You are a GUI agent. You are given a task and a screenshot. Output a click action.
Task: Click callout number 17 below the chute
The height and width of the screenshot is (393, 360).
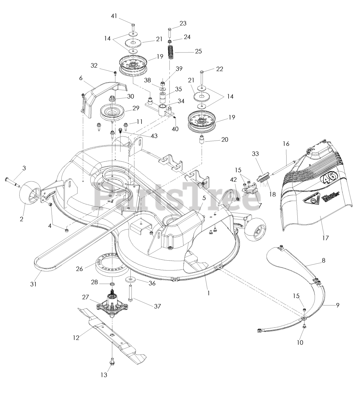[x=325, y=238]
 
